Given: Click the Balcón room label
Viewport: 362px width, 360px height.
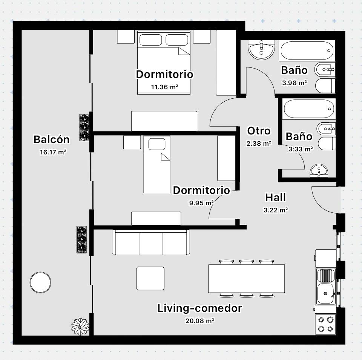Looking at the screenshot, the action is (52, 139).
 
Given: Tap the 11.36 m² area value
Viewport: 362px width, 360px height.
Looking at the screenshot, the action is (164, 87).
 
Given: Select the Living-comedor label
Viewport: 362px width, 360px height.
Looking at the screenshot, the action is (200, 308).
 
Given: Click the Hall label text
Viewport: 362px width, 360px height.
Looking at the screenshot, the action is (275, 197).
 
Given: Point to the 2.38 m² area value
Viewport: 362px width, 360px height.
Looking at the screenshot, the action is (259, 143).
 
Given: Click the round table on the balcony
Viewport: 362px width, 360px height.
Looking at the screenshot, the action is (40, 282).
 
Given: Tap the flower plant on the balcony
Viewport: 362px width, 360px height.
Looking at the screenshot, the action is (80, 326).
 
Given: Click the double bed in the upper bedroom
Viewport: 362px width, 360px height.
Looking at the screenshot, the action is (164, 63).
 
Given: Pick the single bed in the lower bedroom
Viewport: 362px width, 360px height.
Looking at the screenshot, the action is (157, 164).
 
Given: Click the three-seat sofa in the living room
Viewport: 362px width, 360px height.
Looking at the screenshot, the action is (151, 242).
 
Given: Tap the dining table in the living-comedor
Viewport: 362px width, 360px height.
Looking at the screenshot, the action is (246, 279).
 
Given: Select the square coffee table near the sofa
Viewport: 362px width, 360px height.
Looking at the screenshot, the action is (150, 278).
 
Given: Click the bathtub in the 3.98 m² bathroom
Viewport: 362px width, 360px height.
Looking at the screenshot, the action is (307, 50).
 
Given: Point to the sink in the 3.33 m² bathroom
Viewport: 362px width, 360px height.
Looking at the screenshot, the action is (319, 171).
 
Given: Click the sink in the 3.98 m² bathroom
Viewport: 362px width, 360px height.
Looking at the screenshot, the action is (261, 50).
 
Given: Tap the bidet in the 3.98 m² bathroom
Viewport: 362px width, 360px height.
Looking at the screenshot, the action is (325, 69).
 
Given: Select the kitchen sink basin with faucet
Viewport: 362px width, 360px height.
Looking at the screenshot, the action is (325, 294).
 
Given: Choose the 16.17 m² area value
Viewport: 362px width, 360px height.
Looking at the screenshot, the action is (53, 152).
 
